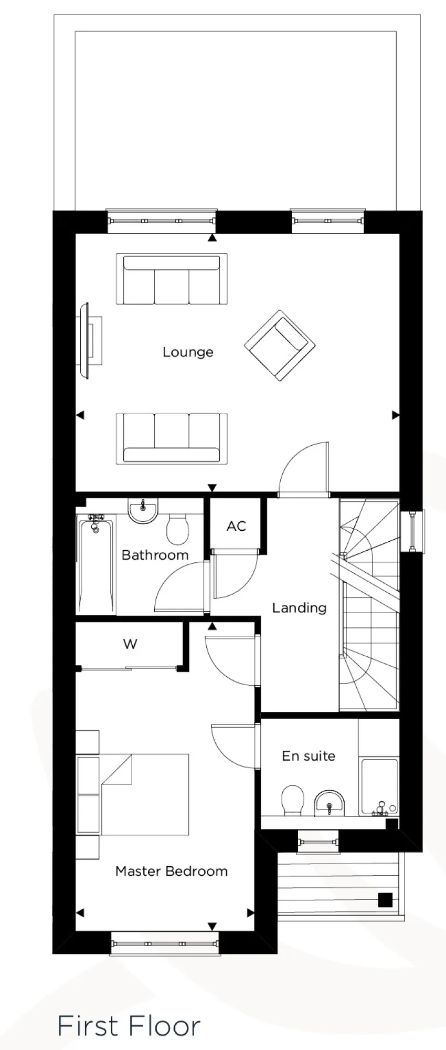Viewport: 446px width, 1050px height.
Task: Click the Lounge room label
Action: (x=188, y=352)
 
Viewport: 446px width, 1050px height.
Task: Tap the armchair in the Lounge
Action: (x=279, y=345)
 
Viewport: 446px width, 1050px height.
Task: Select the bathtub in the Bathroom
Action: (x=95, y=564)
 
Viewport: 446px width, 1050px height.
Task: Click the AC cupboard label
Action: (x=236, y=526)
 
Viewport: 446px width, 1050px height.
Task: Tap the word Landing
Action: (x=299, y=608)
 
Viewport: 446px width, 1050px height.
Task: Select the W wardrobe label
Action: (x=130, y=644)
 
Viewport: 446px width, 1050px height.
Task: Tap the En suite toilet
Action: (x=292, y=800)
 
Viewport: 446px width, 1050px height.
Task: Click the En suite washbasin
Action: (x=329, y=803)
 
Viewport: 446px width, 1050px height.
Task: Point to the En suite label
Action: (x=309, y=756)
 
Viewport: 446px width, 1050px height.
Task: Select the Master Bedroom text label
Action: (x=172, y=871)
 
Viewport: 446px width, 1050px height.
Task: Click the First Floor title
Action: (x=129, y=1026)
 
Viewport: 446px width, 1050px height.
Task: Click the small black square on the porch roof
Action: (x=386, y=900)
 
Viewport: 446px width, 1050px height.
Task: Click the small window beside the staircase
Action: (x=412, y=531)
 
